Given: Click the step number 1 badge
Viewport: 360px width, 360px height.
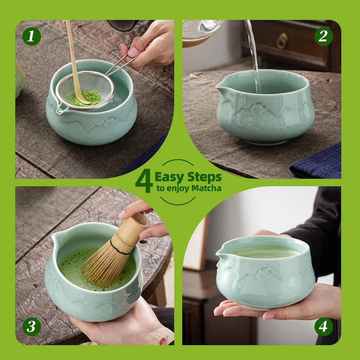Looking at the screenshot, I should pyautogui.click(x=31, y=37).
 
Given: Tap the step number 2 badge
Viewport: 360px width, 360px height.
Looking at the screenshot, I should pyautogui.click(x=323, y=37).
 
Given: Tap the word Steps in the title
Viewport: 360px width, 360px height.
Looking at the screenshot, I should pyautogui.click(x=203, y=177).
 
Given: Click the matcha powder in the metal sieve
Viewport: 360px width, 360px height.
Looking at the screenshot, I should pyautogui.click(x=84, y=98).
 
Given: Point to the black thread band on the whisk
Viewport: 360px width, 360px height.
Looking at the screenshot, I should pyautogui.click(x=120, y=245).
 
